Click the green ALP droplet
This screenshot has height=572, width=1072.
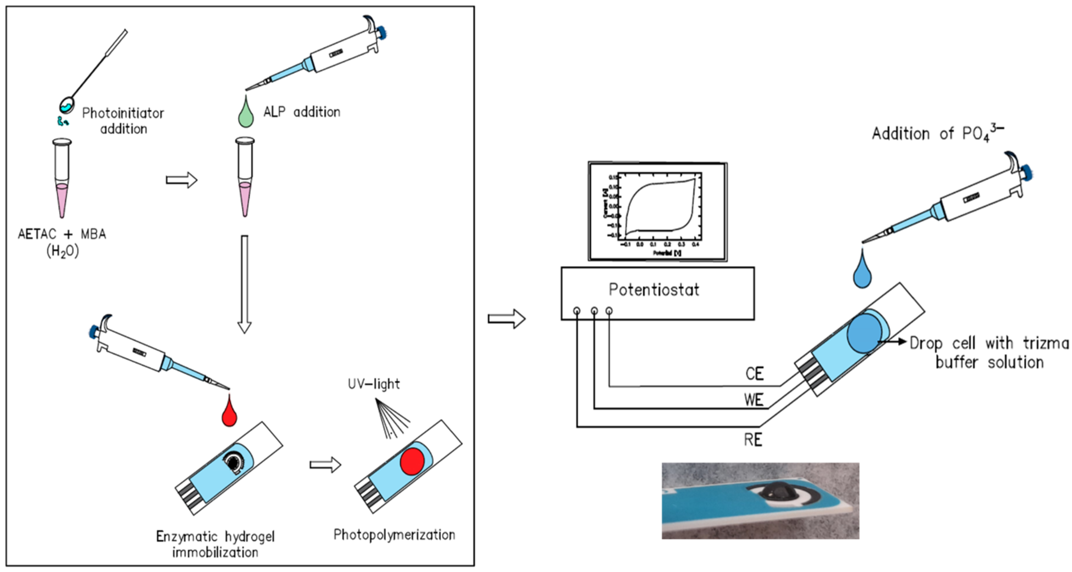pyautogui.click(x=246, y=115)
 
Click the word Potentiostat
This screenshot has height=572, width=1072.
pyautogui.click(x=654, y=290)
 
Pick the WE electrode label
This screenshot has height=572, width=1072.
pyautogui.click(x=754, y=400)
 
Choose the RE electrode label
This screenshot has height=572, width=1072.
pyautogui.click(x=753, y=440)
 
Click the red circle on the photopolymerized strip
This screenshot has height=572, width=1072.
pyautogui.click(x=412, y=461)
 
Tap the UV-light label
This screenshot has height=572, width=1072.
pyautogui.click(x=374, y=384)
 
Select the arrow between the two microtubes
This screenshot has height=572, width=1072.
pyautogui.click(x=181, y=180)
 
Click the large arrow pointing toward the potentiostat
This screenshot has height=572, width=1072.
pyautogui.click(x=506, y=319)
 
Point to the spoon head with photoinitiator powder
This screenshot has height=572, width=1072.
pyautogui.click(x=66, y=105)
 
